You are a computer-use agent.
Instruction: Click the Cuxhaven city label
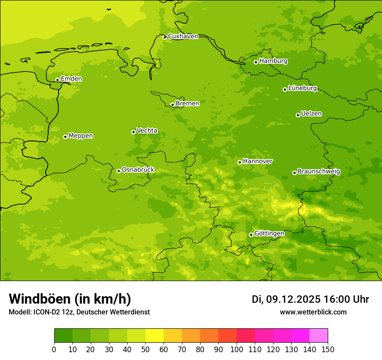(x=183, y=36)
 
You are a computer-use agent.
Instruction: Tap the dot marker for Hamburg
(x=256, y=62)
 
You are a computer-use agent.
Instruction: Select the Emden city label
(x=71, y=79)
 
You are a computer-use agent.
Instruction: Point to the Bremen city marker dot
(x=172, y=105)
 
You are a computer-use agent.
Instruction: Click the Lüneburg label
(x=303, y=88)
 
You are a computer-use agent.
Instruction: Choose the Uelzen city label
(x=311, y=114)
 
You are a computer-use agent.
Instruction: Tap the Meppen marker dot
(x=66, y=137)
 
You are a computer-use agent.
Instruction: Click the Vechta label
(x=147, y=131)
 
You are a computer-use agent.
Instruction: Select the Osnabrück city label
(x=138, y=170)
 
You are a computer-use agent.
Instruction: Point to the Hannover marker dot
(x=240, y=162)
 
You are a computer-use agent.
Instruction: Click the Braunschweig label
(x=319, y=172)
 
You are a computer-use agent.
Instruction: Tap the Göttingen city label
(x=269, y=233)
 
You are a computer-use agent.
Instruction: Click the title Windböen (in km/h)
(x=70, y=299)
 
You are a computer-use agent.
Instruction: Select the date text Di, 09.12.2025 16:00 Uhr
(x=310, y=299)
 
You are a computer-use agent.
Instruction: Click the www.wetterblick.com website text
(x=313, y=312)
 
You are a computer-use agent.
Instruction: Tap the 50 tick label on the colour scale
(x=145, y=350)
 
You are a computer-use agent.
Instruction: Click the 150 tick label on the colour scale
(x=328, y=350)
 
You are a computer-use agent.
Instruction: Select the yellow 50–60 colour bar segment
(x=155, y=336)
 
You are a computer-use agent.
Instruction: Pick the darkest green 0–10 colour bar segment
(x=63, y=336)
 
